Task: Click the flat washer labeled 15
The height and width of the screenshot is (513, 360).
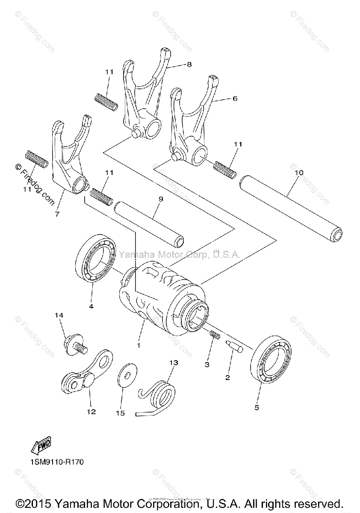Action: [125, 377]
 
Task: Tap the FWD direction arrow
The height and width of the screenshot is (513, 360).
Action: [41, 447]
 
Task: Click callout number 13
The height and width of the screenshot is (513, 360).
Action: [173, 363]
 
